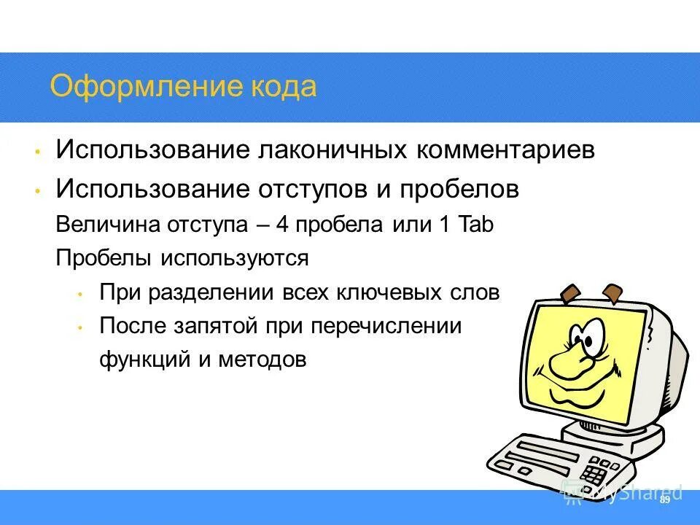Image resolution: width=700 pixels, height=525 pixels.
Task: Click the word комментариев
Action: [x=506, y=151]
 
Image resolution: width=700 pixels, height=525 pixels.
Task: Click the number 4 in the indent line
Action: [x=282, y=225]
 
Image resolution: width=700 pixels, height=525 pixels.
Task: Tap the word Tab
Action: [x=477, y=225]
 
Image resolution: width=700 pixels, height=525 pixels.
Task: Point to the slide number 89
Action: [x=664, y=500]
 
